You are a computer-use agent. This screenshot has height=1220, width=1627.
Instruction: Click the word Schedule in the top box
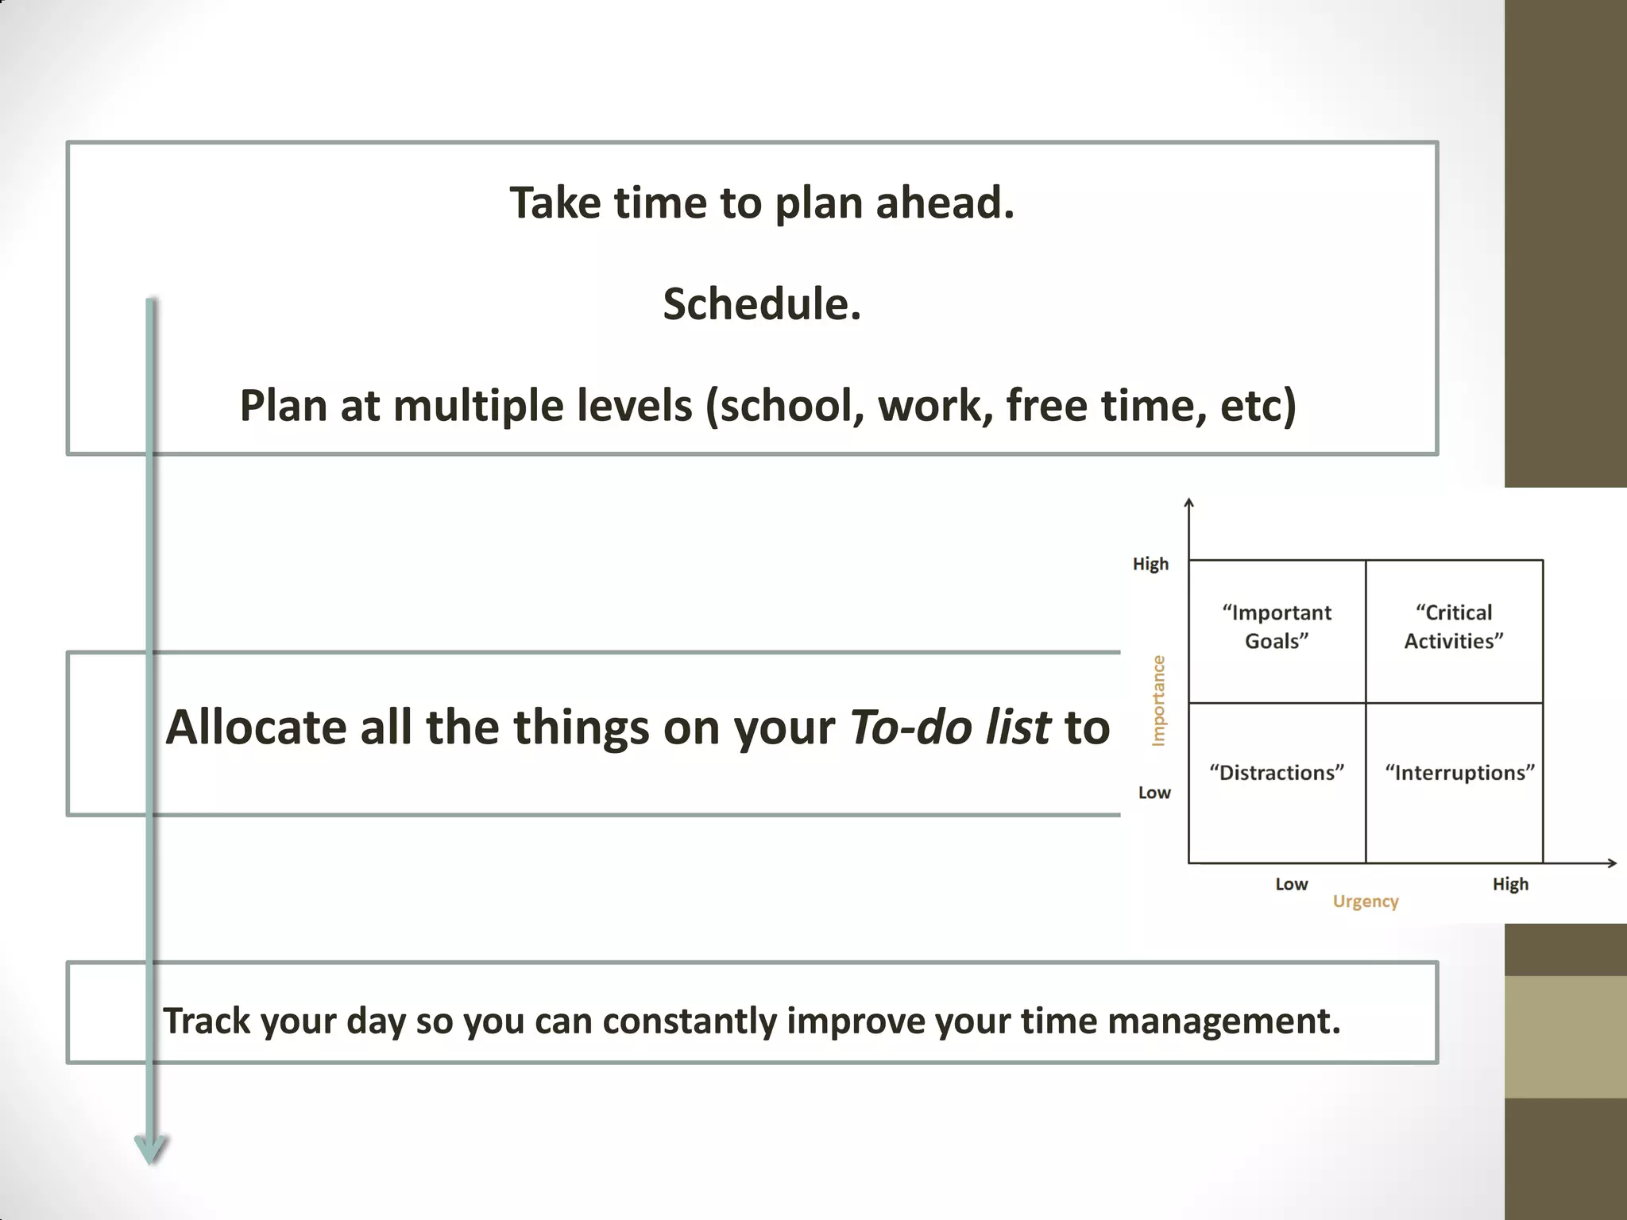pos(761,305)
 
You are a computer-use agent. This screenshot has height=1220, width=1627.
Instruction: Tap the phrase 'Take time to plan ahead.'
pos(761,203)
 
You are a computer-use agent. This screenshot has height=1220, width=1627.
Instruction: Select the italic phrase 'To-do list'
pos(949,728)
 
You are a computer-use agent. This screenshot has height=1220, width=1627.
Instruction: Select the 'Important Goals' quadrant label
pos(1277,627)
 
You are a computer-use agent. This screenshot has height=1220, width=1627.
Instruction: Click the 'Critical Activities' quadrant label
pos(1454,627)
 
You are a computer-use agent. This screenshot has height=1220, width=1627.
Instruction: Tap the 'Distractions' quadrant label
pos(1277,773)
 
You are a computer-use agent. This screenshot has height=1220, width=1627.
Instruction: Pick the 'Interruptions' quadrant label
pos(1459,773)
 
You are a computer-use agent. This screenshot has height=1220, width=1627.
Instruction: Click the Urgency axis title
pos(1366,901)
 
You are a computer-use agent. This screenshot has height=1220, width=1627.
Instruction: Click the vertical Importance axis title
pos(1158,701)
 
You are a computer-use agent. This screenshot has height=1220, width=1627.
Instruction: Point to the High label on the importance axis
pos(1150,564)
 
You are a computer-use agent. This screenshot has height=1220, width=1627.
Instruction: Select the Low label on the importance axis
pos(1154,793)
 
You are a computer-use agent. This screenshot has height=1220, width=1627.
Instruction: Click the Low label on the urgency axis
pos(1291,884)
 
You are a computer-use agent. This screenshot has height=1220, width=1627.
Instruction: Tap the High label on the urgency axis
pos(1510,884)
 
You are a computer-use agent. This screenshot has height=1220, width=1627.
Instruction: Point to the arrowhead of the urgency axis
pos(1613,863)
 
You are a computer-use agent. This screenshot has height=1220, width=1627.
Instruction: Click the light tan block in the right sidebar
pos(1565,1037)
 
